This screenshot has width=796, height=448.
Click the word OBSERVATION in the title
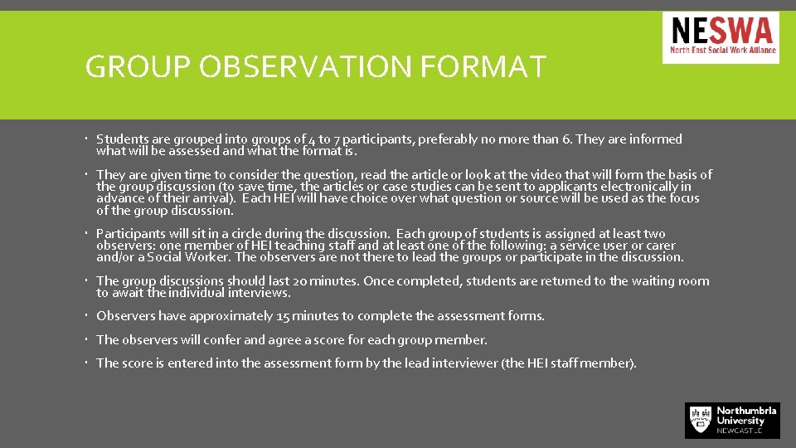point(308,66)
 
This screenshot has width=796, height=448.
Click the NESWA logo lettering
point(721,32)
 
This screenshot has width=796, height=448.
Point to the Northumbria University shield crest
point(700,419)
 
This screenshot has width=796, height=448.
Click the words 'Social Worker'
point(192,257)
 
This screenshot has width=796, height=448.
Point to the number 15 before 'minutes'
point(285,316)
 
